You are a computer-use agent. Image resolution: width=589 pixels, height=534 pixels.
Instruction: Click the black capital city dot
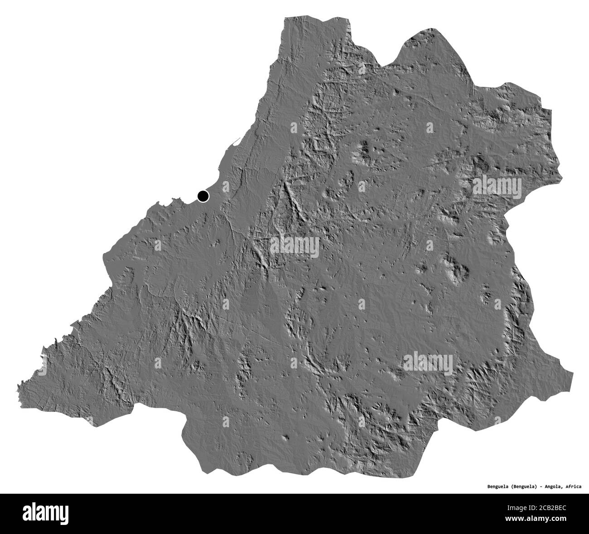[x=203, y=196]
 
